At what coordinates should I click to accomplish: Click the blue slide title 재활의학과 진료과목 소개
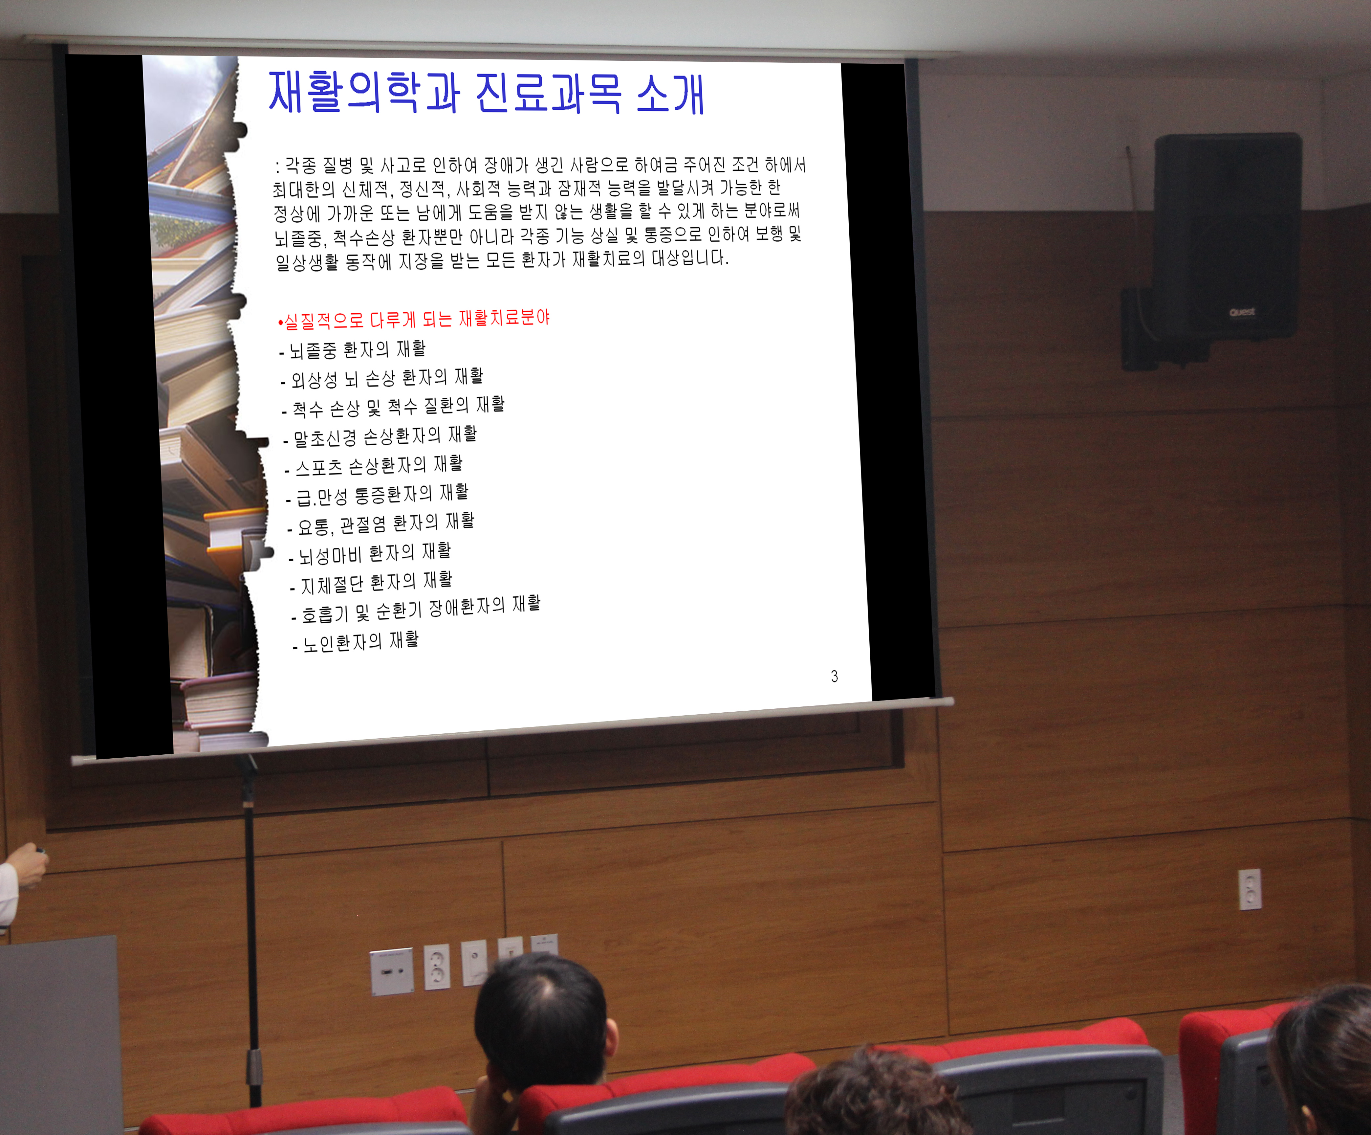486,93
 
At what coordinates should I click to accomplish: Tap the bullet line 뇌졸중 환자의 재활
353,350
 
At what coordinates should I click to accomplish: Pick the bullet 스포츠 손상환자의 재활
373,465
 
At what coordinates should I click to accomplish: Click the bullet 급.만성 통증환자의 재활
377,494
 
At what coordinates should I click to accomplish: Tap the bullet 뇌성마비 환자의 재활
370,553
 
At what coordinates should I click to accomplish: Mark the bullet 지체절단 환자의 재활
371,582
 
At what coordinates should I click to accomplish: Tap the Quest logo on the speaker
1242,312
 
